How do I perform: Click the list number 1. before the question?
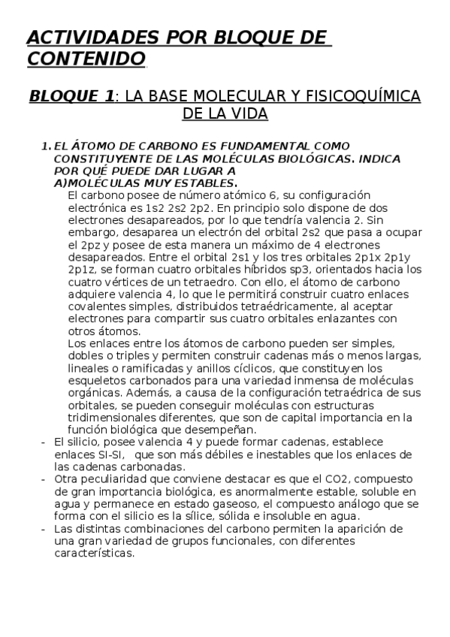pyautogui.click(x=46, y=145)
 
